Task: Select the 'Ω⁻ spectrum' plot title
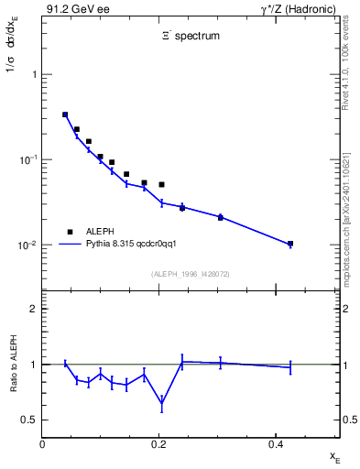191,38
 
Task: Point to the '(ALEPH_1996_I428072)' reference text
191,274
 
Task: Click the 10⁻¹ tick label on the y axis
28,159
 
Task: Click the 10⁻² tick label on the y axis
28,245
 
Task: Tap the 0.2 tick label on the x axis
158,445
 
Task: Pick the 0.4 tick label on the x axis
275,445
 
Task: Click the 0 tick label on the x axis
43,445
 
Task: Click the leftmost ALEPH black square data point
65,115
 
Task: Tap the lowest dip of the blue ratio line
161,402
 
